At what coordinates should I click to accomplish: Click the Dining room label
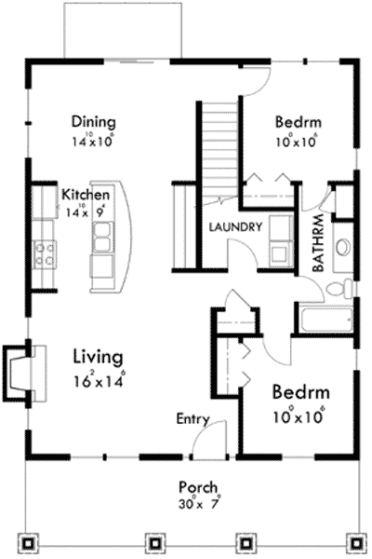tap(93, 122)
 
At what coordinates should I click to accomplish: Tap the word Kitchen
tap(86, 195)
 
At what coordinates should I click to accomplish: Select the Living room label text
tap(98, 356)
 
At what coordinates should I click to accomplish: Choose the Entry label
tap(193, 419)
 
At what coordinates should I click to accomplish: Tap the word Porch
tap(200, 486)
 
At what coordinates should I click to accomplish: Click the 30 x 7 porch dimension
tap(200, 504)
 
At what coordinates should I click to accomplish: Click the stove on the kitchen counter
tap(45, 254)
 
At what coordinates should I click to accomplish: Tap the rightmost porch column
tap(354, 542)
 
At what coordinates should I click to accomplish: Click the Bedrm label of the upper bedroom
tap(298, 122)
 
